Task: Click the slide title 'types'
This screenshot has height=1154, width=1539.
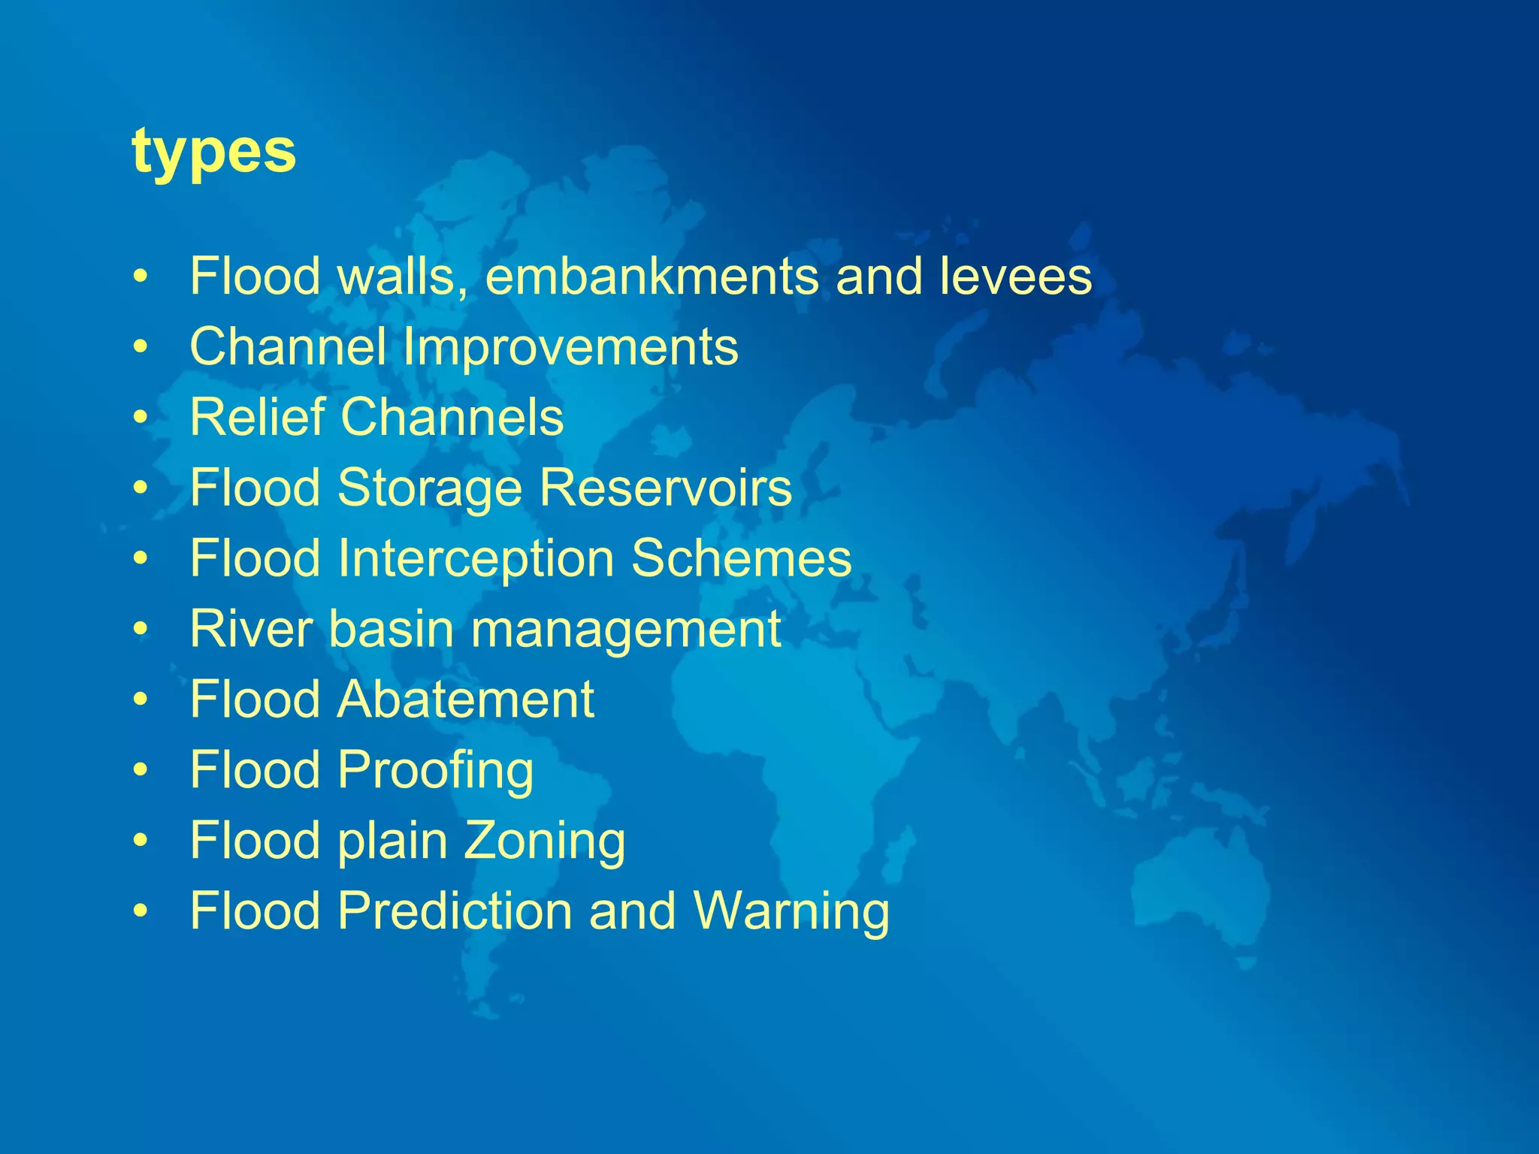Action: point(214,153)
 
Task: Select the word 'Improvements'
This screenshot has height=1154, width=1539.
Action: point(570,347)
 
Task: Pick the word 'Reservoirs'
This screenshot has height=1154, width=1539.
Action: point(666,488)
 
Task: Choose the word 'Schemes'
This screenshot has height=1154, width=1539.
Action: point(741,559)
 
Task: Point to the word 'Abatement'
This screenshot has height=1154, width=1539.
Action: point(466,699)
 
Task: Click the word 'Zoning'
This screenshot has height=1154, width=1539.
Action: point(544,841)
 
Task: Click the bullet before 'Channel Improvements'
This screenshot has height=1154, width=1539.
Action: point(141,348)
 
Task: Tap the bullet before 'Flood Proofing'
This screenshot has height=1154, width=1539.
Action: point(141,771)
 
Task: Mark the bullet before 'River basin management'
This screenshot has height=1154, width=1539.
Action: point(141,630)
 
